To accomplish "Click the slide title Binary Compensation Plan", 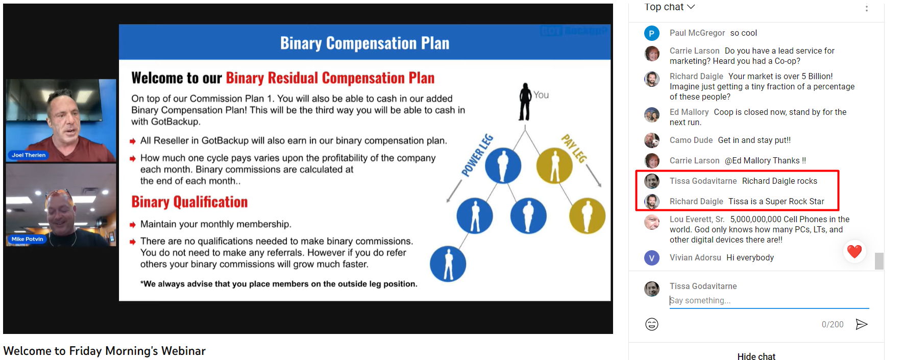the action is [364, 43].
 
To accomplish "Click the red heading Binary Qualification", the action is [189, 202].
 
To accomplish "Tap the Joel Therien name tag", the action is [28, 155].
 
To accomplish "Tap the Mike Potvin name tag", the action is [27, 239].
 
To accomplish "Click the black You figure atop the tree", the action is [525, 102].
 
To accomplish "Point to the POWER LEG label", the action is [477, 155].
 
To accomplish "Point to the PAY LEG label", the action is [574, 148].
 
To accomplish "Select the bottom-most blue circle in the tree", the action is [448, 264].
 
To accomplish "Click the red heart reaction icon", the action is [855, 251].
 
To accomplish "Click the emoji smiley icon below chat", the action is [652, 324].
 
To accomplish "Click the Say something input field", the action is [769, 301].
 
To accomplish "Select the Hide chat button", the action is [756, 356].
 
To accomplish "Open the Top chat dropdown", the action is [670, 7].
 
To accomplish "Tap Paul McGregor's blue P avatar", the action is [651, 33].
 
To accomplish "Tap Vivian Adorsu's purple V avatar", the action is [651, 258].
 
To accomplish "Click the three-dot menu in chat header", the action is [866, 8].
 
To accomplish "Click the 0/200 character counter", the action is [833, 324].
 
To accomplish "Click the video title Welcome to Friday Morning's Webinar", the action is [104, 351].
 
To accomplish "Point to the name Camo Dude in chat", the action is [691, 140].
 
